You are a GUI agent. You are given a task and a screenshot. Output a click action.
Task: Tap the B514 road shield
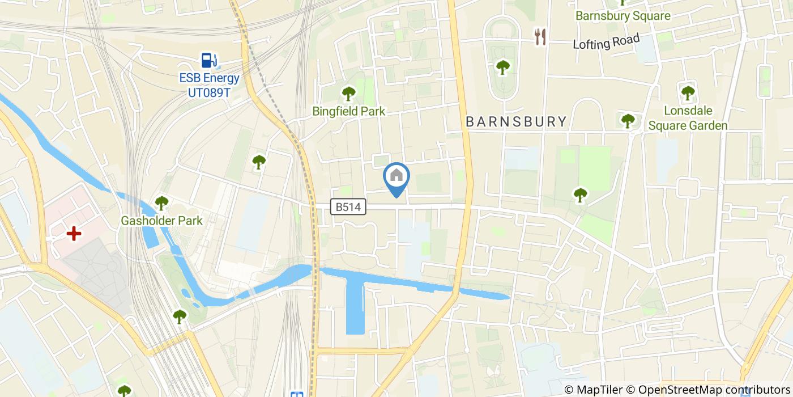pos(348,208)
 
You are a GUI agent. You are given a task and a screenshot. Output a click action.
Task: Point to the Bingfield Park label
pos(348,112)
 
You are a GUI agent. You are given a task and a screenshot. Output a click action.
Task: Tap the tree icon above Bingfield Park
pos(348,93)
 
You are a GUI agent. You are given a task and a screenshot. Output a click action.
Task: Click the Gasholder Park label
pos(161,221)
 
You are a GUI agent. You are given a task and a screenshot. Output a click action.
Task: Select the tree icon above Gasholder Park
pos(162,202)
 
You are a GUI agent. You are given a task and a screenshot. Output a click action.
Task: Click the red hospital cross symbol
pos(74,233)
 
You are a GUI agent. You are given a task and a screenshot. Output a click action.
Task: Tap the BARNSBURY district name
pos(516,121)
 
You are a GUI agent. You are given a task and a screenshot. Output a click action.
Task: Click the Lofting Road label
pos(606,42)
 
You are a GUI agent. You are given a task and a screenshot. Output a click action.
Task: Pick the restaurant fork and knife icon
pos(540,37)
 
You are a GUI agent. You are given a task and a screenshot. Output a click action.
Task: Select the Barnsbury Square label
pos(623,16)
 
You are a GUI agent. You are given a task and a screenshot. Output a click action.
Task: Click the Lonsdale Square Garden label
pos(688,118)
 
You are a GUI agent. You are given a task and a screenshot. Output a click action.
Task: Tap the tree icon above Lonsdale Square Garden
pos(688,92)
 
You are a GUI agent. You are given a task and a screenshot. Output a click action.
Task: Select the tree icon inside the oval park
pos(502,67)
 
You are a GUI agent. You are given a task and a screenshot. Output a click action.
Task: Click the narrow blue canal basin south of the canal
pos(355,306)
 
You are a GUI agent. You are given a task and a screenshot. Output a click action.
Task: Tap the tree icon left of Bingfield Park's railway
pos(259,162)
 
